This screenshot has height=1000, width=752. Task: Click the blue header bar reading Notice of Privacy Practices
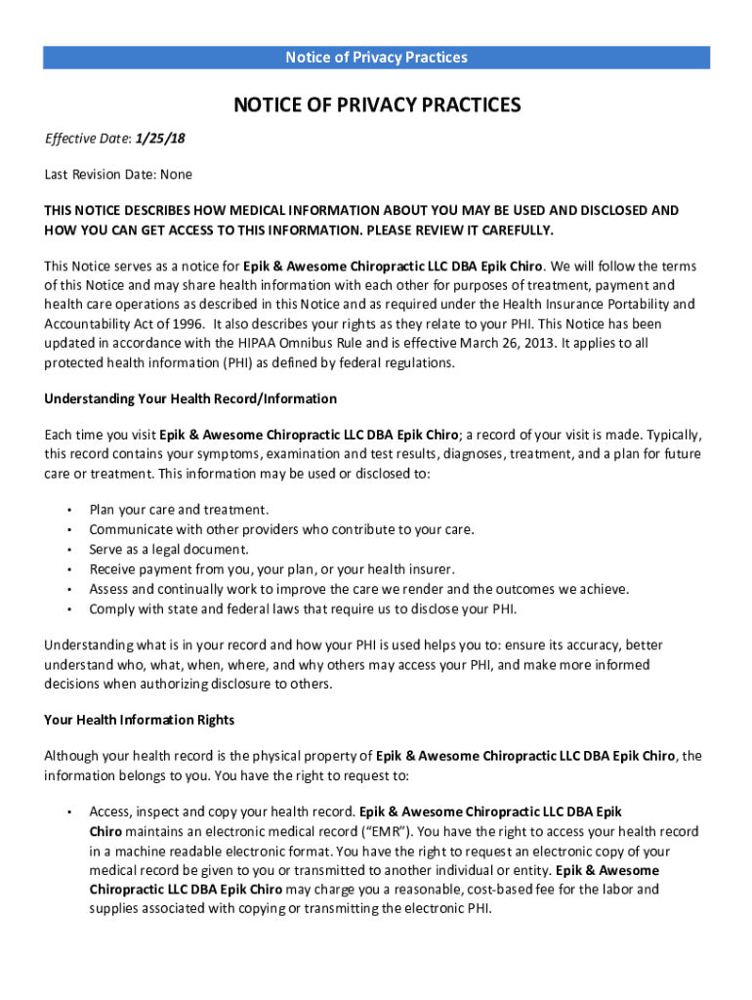(376, 58)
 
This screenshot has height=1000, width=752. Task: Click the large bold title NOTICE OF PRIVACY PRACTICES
(376, 105)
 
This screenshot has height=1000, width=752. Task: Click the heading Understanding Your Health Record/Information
(190, 398)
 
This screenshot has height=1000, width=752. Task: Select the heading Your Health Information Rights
(139, 720)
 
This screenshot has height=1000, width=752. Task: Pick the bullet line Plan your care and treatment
(179, 510)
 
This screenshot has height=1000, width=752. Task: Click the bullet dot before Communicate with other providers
(69, 530)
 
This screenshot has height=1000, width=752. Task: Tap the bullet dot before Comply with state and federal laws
(69, 609)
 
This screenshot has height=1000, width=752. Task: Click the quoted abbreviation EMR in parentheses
(384, 832)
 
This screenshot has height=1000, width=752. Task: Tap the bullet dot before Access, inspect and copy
(69, 812)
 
